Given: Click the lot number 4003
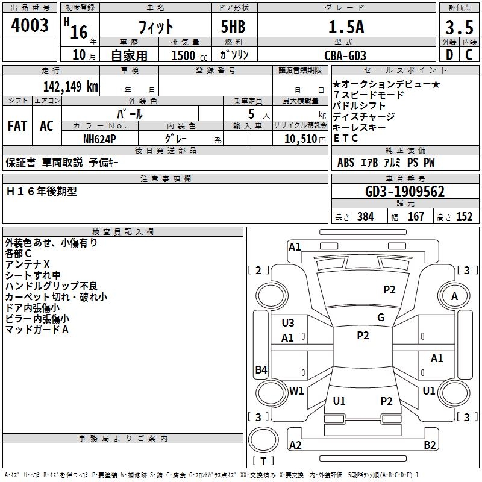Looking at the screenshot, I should click(x=30, y=25).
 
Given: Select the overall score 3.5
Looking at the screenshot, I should click(x=459, y=27).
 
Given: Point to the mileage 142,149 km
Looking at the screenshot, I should click(x=70, y=86).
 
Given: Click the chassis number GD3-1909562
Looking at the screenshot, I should click(x=405, y=192).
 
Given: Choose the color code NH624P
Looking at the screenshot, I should click(x=100, y=139).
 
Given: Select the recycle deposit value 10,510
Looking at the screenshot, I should click(x=300, y=139).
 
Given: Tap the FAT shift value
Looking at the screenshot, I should click(x=17, y=126).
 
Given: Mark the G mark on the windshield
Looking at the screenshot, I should click(x=380, y=318).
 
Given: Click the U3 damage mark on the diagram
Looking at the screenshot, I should click(x=288, y=323).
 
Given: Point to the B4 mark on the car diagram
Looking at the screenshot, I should click(x=261, y=370).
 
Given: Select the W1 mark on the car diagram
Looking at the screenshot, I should click(x=296, y=390).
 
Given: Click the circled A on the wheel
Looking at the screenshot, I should click(x=455, y=296).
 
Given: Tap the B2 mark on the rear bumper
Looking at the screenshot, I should click(x=430, y=445).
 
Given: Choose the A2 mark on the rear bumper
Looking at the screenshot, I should click(x=295, y=445).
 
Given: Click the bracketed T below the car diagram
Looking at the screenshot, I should click(x=263, y=461).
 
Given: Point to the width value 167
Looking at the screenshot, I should click(x=416, y=216).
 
